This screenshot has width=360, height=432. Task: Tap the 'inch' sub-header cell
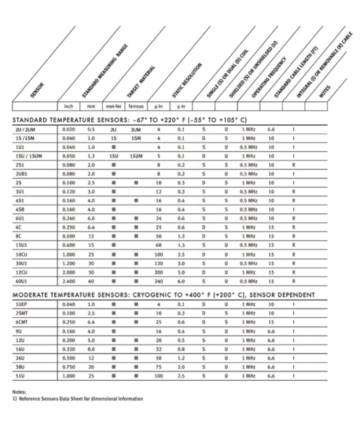tap(68, 106)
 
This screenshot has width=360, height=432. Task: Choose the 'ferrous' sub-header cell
tap(136, 106)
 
